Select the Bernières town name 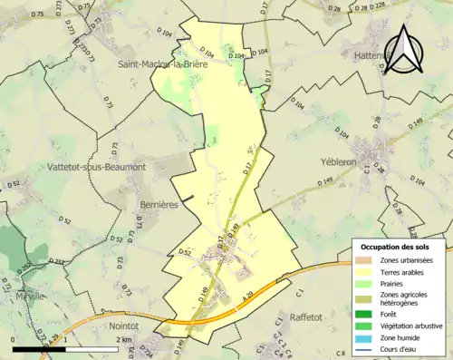point(159,205)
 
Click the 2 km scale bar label point(124,340)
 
